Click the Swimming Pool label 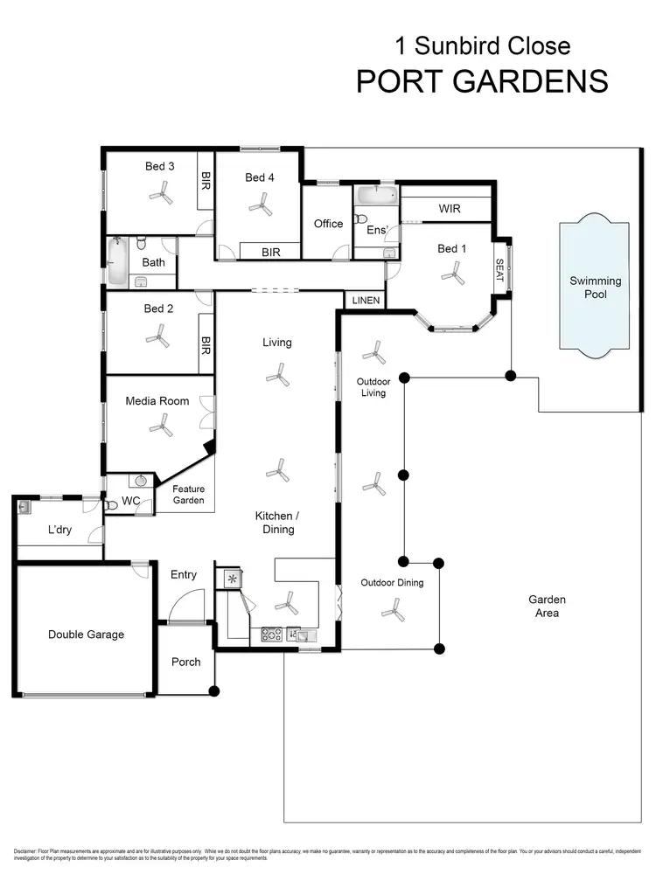pos(596,288)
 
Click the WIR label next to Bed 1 pos(450,210)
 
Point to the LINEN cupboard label pos(366,300)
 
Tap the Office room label pos(328,224)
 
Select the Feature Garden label pos(188,495)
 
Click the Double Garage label pos(86,635)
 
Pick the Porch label pos(185,662)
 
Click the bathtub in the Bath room pos(117,261)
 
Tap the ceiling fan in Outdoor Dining pos(395,609)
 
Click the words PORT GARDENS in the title pos(482,80)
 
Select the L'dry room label pos(59,531)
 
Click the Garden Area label pos(547,606)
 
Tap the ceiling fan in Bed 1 pos(452,274)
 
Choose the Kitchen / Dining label pos(275,523)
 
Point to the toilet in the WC pos(109,505)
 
